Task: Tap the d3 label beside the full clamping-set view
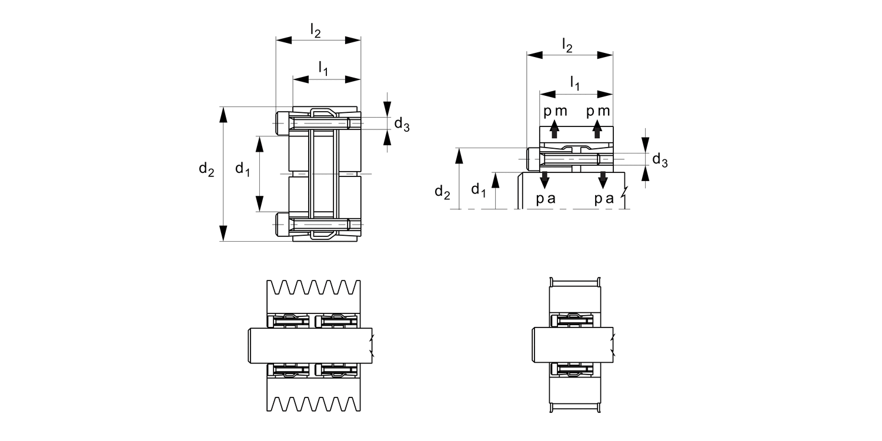tap(402, 124)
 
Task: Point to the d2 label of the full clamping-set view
tap(206, 170)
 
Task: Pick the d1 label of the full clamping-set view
tap(243, 170)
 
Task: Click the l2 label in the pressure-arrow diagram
tap(567, 45)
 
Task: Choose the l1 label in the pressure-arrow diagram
tap(575, 84)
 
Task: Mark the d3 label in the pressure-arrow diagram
tap(660, 160)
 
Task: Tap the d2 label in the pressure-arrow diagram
tap(443, 191)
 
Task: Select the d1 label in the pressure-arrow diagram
tap(479, 190)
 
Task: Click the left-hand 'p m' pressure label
tap(555, 112)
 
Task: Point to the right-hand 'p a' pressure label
tap(604, 199)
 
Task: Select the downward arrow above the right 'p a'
tap(603, 179)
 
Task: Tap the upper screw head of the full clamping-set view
tap(282, 123)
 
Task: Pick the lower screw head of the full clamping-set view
tap(282, 225)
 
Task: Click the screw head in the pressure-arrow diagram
tap(533, 159)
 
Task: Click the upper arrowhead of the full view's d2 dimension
tap(223, 115)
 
